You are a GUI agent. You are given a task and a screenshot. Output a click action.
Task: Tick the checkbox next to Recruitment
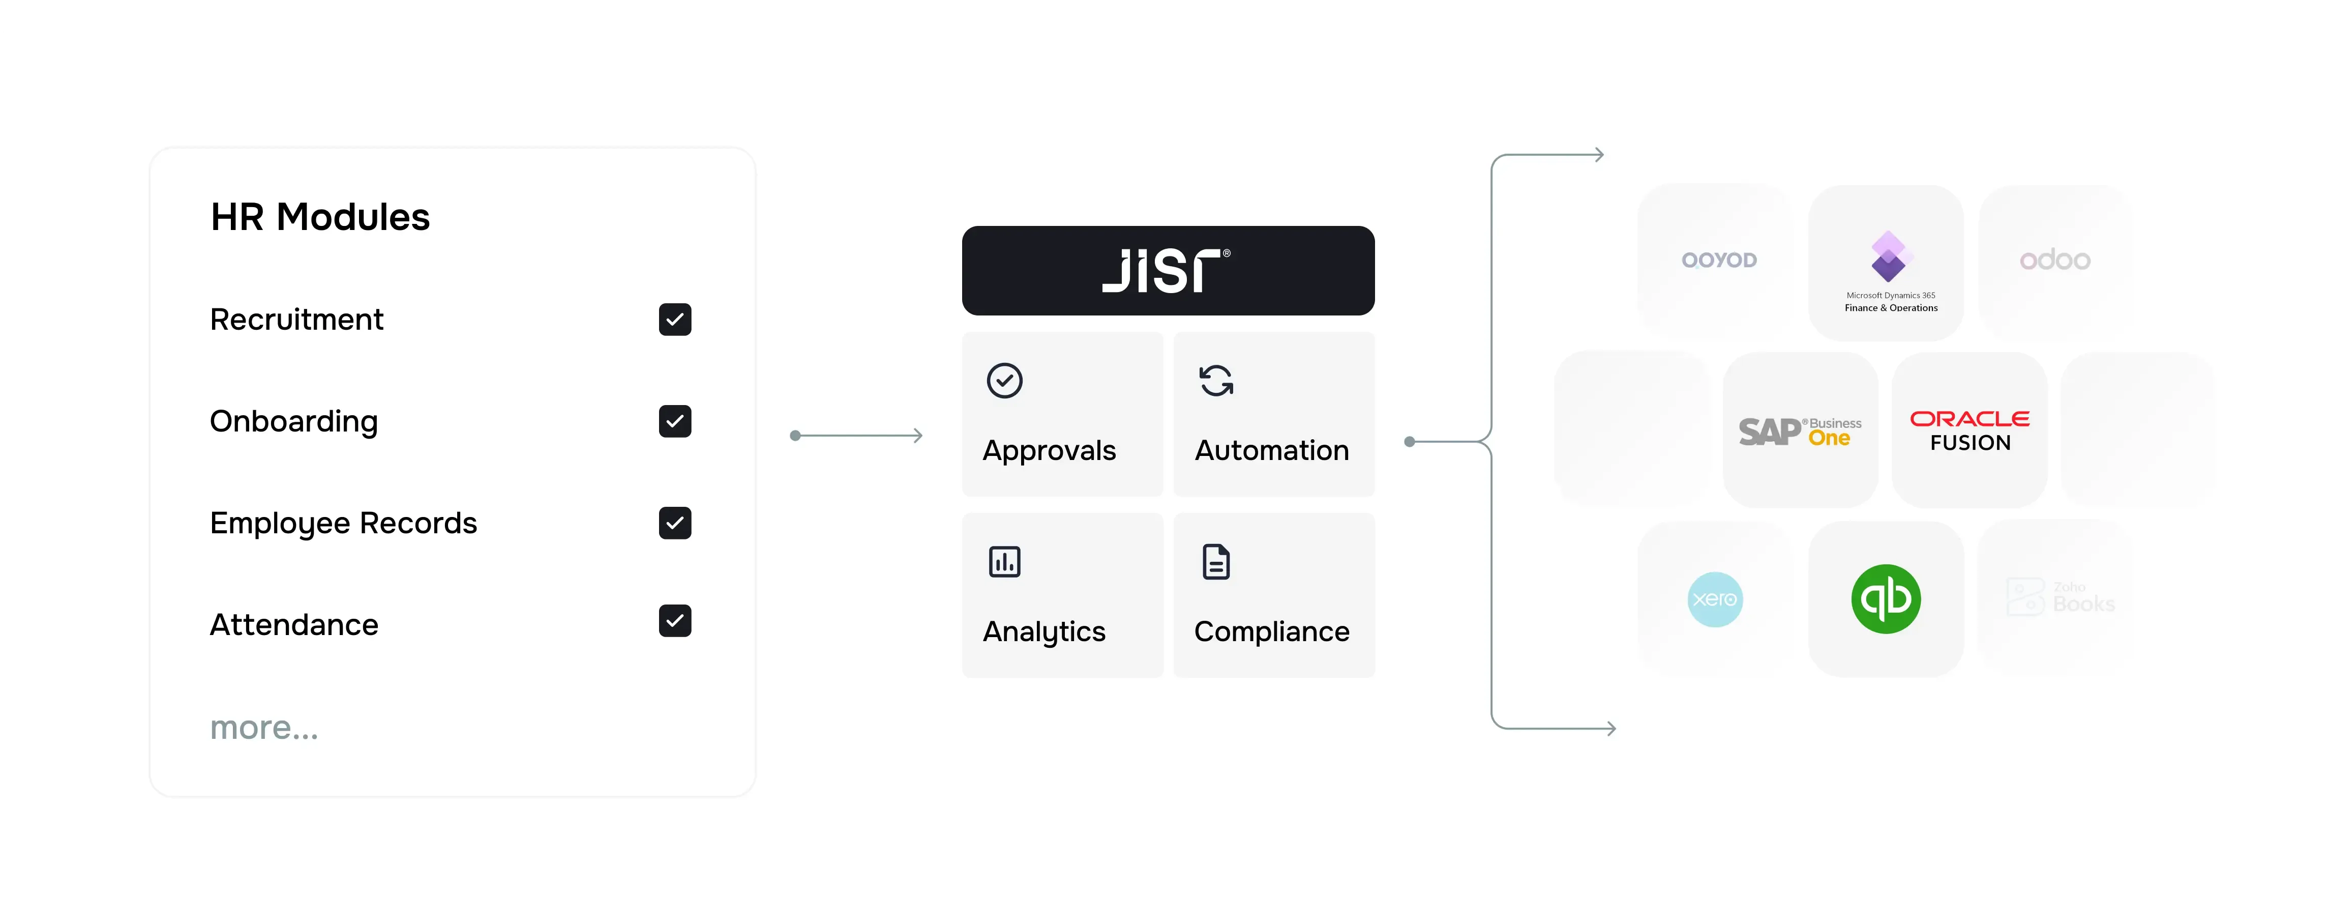pos(675,320)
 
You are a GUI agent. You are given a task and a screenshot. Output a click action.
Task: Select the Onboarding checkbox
pos(675,421)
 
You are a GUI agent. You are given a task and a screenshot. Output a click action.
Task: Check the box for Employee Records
pos(675,523)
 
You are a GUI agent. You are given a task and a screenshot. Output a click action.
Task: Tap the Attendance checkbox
pos(675,621)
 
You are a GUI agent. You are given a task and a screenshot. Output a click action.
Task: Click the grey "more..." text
pos(264,728)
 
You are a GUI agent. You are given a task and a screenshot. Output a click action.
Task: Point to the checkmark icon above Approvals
pos(1004,381)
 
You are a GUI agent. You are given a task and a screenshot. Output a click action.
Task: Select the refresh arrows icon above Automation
pos(1216,381)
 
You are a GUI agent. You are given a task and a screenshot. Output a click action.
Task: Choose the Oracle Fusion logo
pos(1970,430)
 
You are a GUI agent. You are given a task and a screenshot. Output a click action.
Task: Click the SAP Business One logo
pos(1800,431)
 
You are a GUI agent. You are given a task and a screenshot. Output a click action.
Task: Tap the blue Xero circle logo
pos(1715,599)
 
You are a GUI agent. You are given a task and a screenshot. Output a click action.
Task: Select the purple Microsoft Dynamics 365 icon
pos(1888,256)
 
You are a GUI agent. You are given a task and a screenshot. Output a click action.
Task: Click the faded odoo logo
pos(2055,260)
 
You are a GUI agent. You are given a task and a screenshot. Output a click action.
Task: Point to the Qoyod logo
pos(1719,260)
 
